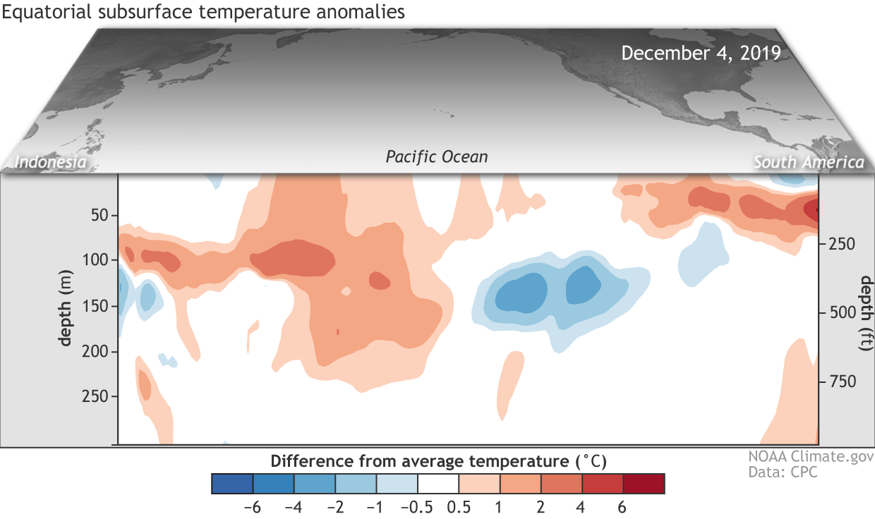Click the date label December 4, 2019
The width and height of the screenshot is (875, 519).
pos(701,54)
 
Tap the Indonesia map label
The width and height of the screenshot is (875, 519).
pos(50,162)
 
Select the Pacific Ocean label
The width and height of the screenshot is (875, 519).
pos(437,157)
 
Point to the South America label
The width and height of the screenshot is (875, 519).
pos(809,162)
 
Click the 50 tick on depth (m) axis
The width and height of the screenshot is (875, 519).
pos(99,215)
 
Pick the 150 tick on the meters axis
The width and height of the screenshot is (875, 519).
pos(95,306)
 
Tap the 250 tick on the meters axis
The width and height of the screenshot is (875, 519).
pos(95,396)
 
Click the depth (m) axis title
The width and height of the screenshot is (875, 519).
pos(65,308)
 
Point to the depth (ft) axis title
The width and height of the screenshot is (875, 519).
pos(866,313)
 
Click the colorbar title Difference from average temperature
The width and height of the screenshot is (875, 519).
pos(438,462)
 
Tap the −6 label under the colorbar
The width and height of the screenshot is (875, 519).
pos(252,508)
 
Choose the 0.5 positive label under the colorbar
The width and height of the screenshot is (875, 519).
pos(459,508)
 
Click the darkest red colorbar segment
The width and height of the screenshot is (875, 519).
pos(644,484)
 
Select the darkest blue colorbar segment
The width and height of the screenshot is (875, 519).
pos(232,484)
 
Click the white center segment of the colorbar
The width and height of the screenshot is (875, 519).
pos(438,484)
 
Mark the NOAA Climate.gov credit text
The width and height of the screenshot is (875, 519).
pos(811,456)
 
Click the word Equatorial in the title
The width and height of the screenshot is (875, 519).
pos(47,12)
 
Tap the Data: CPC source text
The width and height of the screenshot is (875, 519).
pos(783,472)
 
